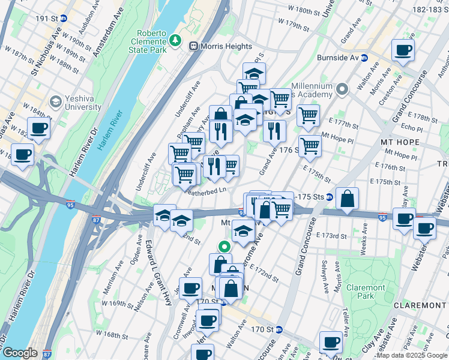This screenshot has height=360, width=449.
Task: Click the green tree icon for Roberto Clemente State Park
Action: (x=175, y=40)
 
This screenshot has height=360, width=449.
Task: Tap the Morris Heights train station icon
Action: (x=194, y=46)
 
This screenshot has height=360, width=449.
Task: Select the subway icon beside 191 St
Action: (x=64, y=18)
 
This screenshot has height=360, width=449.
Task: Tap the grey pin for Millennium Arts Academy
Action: (x=342, y=90)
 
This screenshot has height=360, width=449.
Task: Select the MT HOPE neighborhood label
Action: (x=400, y=142)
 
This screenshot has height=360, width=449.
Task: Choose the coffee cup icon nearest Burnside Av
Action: (x=403, y=50)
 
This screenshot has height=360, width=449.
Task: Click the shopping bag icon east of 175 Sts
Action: (x=348, y=199)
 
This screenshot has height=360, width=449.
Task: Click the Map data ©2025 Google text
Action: (x=411, y=355)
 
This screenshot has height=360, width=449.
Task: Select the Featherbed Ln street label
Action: (x=205, y=191)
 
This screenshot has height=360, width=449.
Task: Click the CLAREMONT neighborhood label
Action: (x=420, y=305)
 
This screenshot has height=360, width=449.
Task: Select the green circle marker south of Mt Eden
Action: (x=223, y=245)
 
